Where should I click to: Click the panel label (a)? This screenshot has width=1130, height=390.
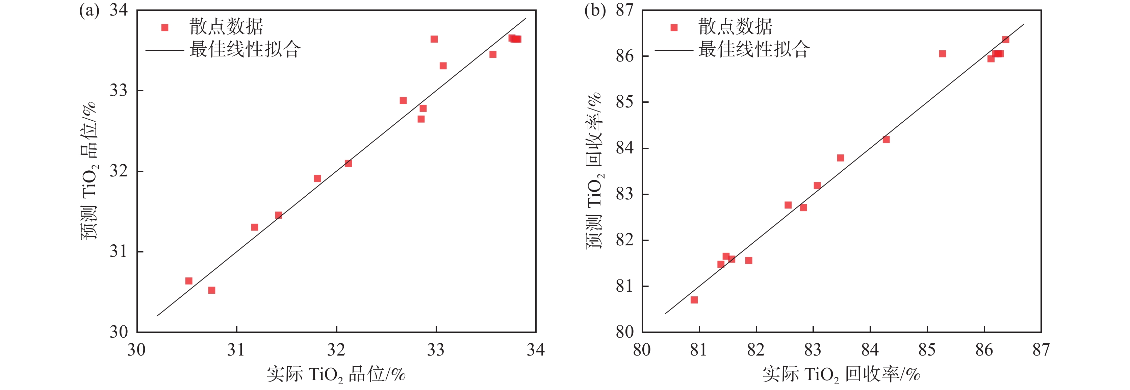(89, 10)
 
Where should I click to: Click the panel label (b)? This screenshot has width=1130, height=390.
(594, 10)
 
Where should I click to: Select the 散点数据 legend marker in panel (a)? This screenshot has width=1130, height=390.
(165, 28)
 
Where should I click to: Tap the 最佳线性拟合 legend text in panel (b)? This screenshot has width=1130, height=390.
(754, 49)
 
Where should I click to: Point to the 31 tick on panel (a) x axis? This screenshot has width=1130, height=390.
(236, 349)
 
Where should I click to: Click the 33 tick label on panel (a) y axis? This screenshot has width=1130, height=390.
(119, 91)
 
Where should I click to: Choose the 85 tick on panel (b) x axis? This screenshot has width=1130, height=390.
(927, 349)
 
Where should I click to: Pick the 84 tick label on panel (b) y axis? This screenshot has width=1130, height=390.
(625, 148)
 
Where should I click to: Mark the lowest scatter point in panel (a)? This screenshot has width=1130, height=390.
(211, 290)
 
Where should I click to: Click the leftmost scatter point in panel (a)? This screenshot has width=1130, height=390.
(189, 281)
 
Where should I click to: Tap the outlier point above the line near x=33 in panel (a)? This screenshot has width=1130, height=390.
(434, 39)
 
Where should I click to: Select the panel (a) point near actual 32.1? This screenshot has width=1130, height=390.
(348, 163)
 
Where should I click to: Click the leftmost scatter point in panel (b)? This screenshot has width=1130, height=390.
(694, 300)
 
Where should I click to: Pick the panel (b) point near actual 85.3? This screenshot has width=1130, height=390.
(942, 54)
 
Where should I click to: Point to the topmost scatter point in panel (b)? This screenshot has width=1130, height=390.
(1005, 40)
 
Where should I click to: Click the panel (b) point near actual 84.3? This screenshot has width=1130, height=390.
(886, 140)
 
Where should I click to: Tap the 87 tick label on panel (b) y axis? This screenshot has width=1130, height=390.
(625, 10)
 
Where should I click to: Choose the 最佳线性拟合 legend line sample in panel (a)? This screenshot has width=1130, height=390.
(164, 50)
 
